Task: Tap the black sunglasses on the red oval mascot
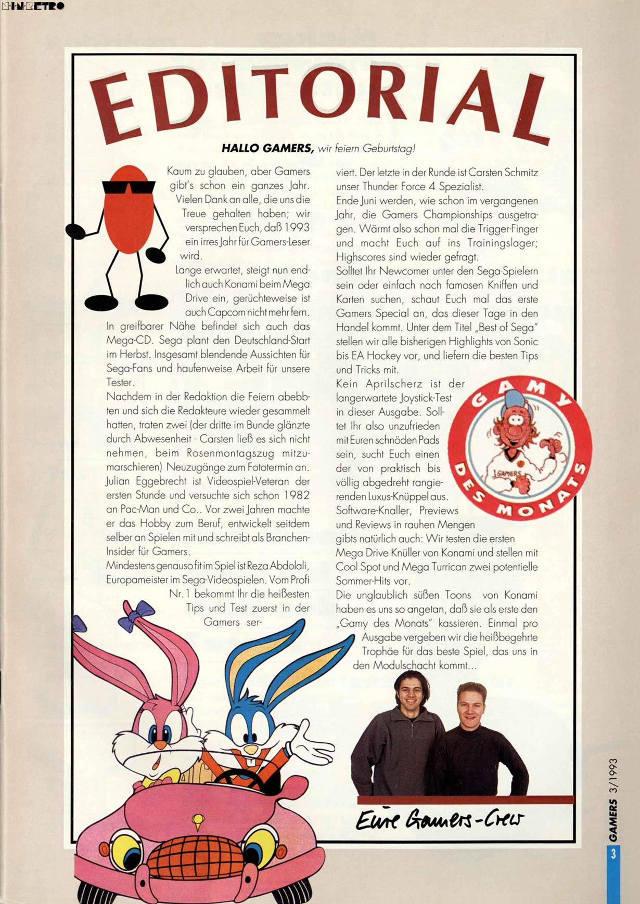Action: [129, 187]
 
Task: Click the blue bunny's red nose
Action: [251, 749]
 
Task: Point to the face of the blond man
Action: [470, 708]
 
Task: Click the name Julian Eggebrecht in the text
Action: [140, 481]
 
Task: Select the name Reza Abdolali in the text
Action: [278, 566]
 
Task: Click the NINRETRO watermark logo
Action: [33, 6]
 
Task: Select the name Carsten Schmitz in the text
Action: [503, 172]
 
